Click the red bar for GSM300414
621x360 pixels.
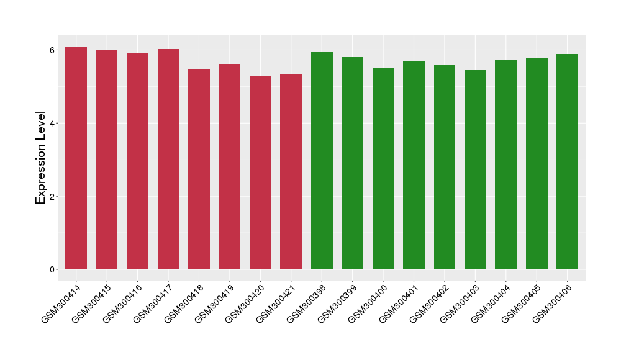click(x=76, y=158)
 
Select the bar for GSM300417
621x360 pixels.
click(x=168, y=160)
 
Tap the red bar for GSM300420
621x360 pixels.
click(x=260, y=173)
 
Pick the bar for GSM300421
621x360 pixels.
click(x=291, y=172)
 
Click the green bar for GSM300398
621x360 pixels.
click(x=322, y=161)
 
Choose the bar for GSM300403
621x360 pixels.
click(x=475, y=170)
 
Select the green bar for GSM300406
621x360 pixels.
click(x=567, y=162)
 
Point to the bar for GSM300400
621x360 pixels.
click(x=383, y=169)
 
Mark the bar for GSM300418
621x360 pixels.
click(x=199, y=169)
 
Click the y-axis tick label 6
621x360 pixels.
click(x=53, y=50)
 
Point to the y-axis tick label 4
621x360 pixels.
click(x=53, y=124)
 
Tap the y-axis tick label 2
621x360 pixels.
click(x=53, y=197)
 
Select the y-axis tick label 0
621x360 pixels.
click(x=53, y=270)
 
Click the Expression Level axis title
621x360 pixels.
click(x=41, y=158)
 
